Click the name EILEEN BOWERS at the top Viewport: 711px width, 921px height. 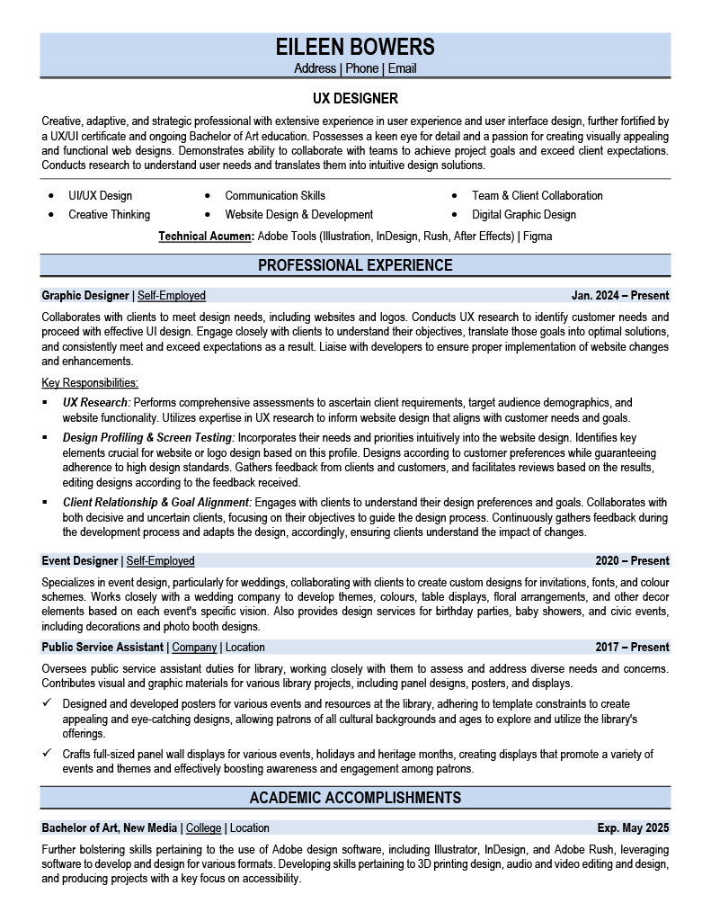click(355, 47)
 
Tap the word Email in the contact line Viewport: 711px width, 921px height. click(402, 68)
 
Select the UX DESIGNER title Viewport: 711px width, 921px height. click(355, 98)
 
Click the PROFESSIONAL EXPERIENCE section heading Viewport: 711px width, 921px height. click(355, 265)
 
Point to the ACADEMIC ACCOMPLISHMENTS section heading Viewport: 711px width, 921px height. click(355, 798)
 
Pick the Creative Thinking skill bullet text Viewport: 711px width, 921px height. click(109, 215)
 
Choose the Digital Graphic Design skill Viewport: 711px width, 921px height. click(524, 215)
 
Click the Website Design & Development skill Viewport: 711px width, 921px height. click(298, 215)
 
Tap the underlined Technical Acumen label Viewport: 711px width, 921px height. click(206, 237)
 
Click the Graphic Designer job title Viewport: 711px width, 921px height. click(85, 295)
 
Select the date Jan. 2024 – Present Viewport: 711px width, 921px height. click(620, 295)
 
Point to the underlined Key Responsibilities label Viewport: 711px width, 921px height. click(90, 383)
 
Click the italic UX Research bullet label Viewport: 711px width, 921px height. click(96, 402)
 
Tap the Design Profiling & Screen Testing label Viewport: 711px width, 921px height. click(148, 437)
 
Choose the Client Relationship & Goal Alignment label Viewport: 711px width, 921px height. click(157, 502)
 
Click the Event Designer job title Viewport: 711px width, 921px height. click(80, 561)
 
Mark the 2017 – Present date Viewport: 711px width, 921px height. click(632, 648)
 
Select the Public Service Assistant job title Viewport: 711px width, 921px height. click(102, 648)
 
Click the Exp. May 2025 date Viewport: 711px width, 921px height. click(633, 828)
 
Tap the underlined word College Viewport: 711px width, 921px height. click(204, 828)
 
